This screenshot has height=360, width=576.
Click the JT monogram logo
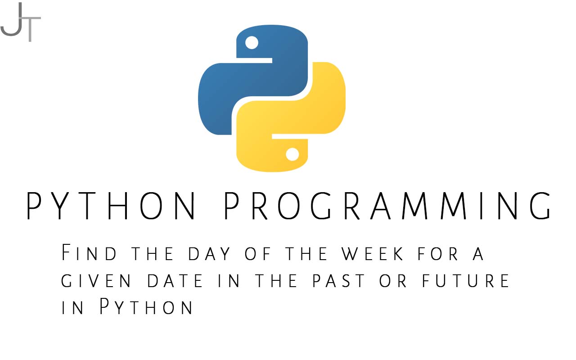coord(21,22)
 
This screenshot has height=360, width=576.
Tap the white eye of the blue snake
coord(252,42)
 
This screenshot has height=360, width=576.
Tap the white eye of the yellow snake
coord(292,154)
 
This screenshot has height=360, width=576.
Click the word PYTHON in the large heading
coord(111,206)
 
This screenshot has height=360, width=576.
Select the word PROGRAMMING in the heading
coord(387,206)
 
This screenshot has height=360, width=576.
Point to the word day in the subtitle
coord(209,254)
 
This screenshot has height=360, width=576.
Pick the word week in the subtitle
coord(372,254)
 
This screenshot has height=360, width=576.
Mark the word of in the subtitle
coord(258,254)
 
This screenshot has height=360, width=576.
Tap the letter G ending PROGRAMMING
coord(540,206)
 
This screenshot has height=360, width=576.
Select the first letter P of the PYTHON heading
coord(34,206)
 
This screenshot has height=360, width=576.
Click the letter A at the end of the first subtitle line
coord(478,254)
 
